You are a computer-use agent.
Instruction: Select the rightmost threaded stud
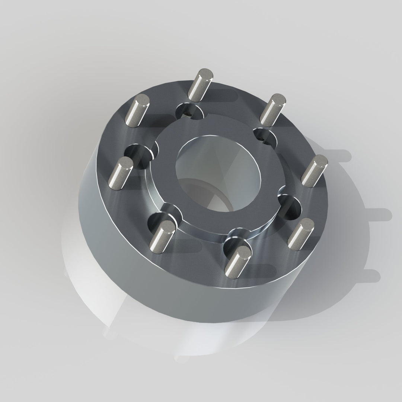pos(315,171)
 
